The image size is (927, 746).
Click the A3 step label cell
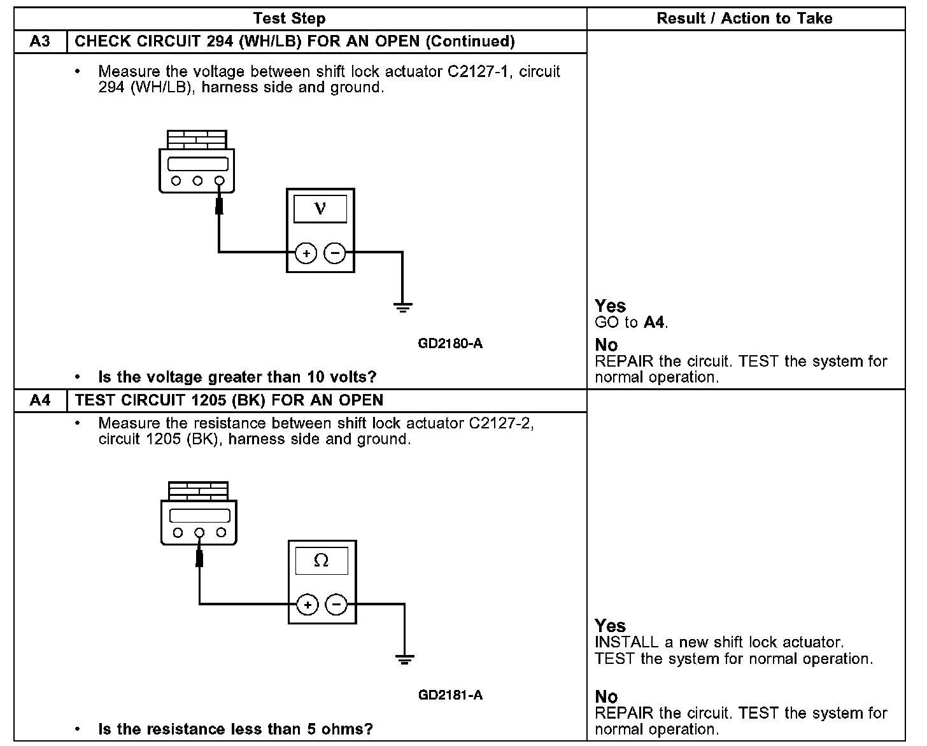(40, 42)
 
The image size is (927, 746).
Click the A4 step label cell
(40, 400)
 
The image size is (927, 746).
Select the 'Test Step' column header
(289, 18)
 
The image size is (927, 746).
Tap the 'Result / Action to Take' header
(744, 18)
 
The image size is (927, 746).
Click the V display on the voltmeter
(320, 209)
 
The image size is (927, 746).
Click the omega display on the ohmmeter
(322, 561)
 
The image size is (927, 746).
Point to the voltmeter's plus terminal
(306, 253)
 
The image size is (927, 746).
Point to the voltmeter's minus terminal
(335, 253)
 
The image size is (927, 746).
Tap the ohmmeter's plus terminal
(308, 605)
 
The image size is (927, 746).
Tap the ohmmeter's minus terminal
(337, 605)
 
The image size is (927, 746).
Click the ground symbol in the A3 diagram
(402, 308)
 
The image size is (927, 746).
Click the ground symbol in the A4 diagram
(404, 659)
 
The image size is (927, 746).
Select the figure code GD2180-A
(450, 344)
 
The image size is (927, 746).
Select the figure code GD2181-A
(450, 695)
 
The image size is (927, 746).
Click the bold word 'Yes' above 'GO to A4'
(610, 306)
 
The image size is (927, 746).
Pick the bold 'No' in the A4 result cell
(606, 697)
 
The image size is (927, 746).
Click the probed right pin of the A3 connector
(220, 181)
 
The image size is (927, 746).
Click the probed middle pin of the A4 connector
(199, 532)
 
